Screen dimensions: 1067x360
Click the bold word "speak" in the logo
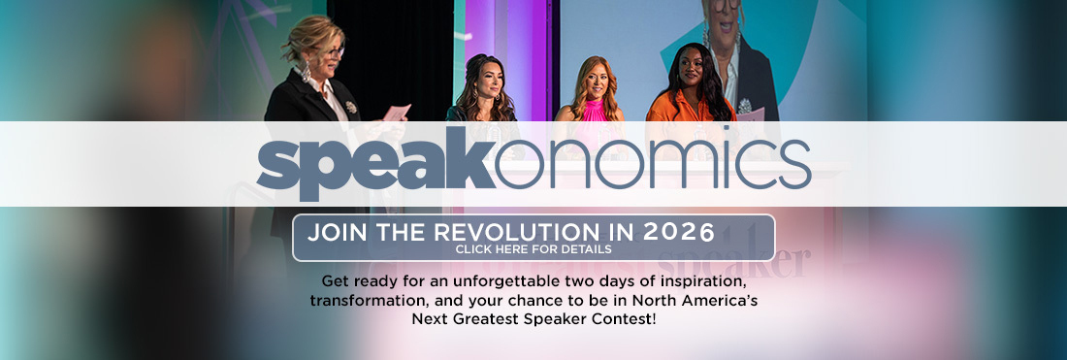click(375, 163)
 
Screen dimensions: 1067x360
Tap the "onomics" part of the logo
click(653, 163)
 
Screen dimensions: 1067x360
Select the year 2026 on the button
click(678, 232)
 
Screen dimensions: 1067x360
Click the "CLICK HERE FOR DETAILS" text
click(533, 249)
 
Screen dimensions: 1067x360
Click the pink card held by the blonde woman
click(397, 113)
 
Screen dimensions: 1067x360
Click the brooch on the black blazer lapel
click(350, 107)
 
